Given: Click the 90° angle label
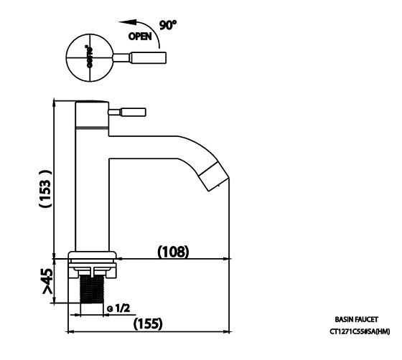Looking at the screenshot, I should [x=168, y=25].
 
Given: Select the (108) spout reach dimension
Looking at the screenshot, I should [x=173, y=251].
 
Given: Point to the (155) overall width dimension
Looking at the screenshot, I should [x=148, y=324].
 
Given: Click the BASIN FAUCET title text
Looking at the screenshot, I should [x=357, y=318].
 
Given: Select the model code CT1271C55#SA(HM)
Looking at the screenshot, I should [x=359, y=331].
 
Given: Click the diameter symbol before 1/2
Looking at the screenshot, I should [x=109, y=308].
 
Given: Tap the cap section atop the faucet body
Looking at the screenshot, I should [x=91, y=114].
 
